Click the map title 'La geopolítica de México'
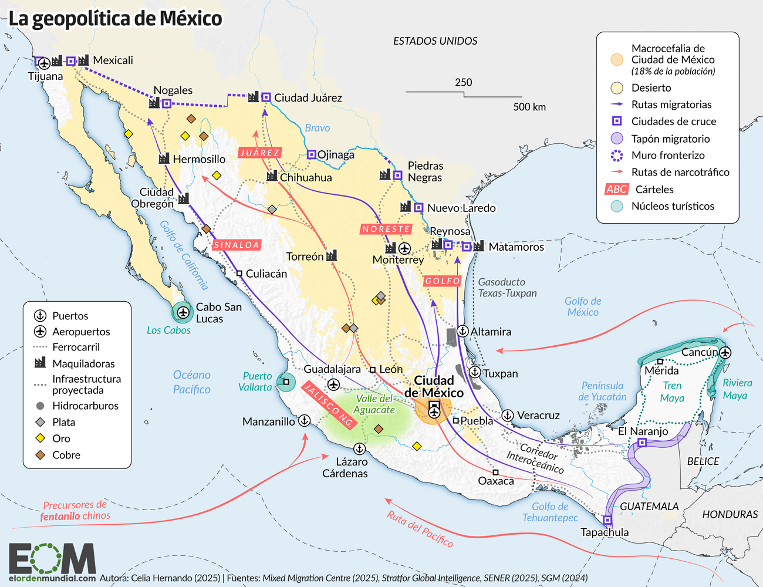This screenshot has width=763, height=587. point(115,19)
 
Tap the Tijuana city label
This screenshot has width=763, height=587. point(45,76)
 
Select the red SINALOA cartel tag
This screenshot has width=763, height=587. point(237,245)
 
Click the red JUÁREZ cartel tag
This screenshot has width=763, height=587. point(260,153)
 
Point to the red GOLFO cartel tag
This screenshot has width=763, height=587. point(443,281)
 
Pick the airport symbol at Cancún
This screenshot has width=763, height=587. point(725,352)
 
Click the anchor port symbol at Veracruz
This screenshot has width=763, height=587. point(507,416)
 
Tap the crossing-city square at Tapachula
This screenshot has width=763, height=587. point(607,520)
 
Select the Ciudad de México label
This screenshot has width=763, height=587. point(434,387)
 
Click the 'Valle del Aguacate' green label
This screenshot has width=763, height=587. point(374,404)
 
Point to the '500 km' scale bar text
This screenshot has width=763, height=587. point(529,107)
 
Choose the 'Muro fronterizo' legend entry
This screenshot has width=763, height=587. point(668,156)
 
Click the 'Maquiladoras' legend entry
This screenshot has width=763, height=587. point(83,364)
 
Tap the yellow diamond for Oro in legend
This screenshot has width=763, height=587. point(40,438)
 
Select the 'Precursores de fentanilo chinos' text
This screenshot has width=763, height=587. point(75,511)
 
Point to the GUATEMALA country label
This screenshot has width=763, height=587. point(649,507)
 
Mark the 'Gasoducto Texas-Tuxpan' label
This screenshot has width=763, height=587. point(507,288)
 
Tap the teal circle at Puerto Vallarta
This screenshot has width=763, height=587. point(286,382)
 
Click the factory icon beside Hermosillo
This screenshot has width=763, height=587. point(164,159)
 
